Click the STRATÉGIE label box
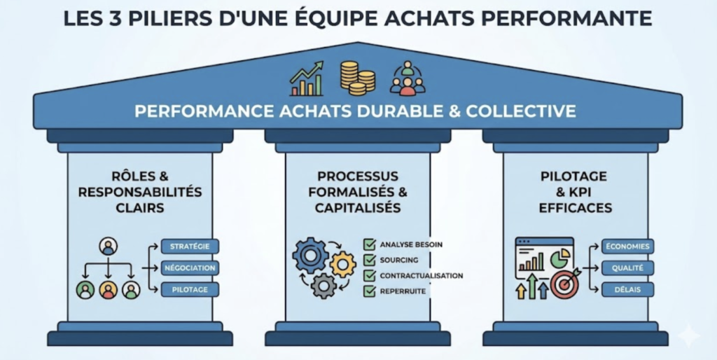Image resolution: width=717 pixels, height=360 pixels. pyautogui.click(x=190, y=247)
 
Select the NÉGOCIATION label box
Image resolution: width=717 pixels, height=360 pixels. pyautogui.click(x=190, y=268)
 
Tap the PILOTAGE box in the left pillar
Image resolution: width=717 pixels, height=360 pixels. pyautogui.click(x=190, y=289)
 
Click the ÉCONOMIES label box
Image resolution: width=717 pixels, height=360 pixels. pyautogui.click(x=627, y=247)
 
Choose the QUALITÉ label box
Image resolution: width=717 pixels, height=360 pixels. pyautogui.click(x=627, y=268)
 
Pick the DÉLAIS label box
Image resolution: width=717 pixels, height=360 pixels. pyautogui.click(x=627, y=289)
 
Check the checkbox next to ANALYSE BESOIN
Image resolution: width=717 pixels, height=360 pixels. pyautogui.click(x=369, y=244)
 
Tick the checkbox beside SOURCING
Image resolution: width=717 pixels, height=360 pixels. pyautogui.click(x=369, y=260)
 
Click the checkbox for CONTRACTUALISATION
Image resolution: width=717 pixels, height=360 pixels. pyautogui.click(x=369, y=275)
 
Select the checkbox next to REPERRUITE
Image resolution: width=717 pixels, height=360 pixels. pyautogui.click(x=369, y=291)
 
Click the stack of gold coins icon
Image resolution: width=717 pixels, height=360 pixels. pyautogui.click(x=357, y=78)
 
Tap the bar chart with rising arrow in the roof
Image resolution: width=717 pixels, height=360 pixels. pyautogui.click(x=307, y=79)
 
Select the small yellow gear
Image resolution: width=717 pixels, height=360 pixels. pyautogui.click(x=342, y=264)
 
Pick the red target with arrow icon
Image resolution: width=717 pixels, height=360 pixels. pyautogui.click(x=565, y=283)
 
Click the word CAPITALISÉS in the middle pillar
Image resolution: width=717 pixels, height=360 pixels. pyautogui.click(x=358, y=207)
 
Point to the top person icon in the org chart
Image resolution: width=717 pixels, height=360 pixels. pyautogui.click(x=108, y=246)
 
